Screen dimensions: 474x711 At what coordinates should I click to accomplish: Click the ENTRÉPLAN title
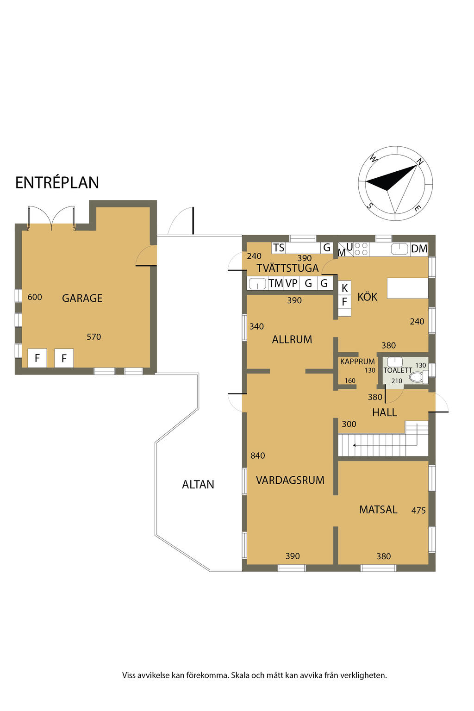point(57,182)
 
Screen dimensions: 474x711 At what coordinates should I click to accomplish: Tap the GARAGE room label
point(82,298)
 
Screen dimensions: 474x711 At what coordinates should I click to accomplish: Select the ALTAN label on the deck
point(198,484)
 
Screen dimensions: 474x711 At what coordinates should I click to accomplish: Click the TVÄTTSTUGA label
point(287,268)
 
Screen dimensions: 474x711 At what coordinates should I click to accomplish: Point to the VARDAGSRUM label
point(290,480)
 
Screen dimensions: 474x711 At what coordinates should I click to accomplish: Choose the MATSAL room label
point(378,510)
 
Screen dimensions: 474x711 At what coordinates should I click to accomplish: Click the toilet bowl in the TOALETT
point(417,377)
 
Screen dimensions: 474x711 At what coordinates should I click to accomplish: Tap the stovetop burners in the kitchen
point(362,249)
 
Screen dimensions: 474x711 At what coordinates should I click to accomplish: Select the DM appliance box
point(419,249)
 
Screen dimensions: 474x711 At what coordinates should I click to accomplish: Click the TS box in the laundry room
point(279,248)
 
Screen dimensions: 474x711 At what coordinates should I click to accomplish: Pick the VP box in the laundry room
point(292,283)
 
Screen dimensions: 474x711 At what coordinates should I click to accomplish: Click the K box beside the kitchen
point(344,288)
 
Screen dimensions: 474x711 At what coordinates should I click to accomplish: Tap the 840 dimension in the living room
point(257,456)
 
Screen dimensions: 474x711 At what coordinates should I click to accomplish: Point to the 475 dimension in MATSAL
point(418,511)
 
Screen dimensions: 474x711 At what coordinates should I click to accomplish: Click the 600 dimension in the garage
point(35,297)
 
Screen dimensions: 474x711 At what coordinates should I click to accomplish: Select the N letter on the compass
point(420,162)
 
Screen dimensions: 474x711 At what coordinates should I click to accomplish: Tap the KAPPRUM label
point(357,362)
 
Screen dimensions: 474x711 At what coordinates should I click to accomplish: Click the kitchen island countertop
point(408,288)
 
